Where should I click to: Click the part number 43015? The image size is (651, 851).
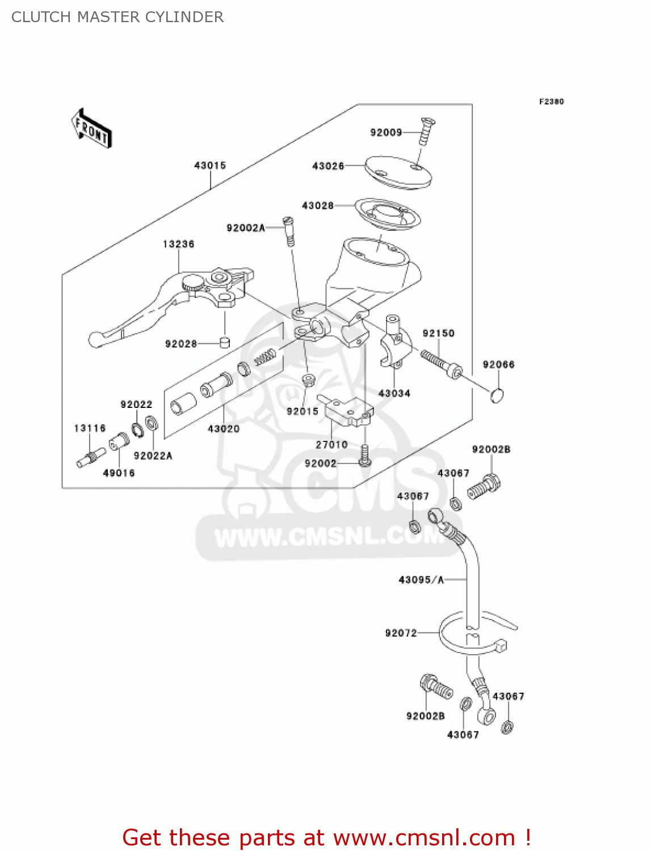(x=210, y=166)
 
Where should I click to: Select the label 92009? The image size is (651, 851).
(x=386, y=133)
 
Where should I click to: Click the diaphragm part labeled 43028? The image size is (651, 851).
(x=388, y=214)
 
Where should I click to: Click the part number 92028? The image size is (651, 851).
(x=180, y=344)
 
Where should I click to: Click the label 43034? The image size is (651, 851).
(x=394, y=393)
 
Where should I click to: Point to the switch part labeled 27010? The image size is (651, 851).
(x=345, y=411)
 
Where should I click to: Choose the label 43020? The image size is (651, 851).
(x=224, y=429)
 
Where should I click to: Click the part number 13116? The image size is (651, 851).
(x=90, y=428)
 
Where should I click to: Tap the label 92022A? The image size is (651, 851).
(x=153, y=456)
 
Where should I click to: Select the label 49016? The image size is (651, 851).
(x=119, y=473)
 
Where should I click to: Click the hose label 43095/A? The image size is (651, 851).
(x=421, y=580)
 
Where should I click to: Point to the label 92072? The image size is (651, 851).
(x=401, y=633)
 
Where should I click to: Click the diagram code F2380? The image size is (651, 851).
(x=551, y=102)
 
